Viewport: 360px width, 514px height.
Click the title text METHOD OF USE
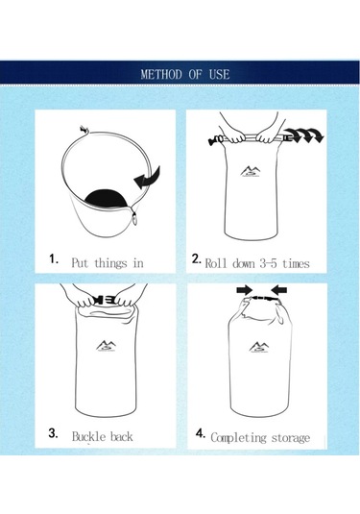pyautogui.click(x=185, y=74)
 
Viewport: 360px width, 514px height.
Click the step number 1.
pyautogui.click(x=54, y=258)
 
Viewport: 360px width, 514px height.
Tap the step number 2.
pyautogui.click(x=197, y=258)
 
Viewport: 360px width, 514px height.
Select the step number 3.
pyautogui.click(x=53, y=433)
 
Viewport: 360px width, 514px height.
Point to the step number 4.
pyautogui.click(x=201, y=433)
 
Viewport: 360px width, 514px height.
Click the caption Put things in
pyautogui.click(x=108, y=263)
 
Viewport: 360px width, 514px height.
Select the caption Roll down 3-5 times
pyautogui.click(x=257, y=263)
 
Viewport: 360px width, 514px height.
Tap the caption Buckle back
pyautogui.click(x=102, y=436)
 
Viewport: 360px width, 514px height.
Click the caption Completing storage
pyautogui.click(x=260, y=438)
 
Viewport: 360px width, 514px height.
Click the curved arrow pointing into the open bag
pyautogui.click(x=148, y=179)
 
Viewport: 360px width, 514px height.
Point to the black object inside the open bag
pyautogui.click(x=105, y=198)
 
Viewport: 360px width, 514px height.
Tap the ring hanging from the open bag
pyautogui.click(x=135, y=218)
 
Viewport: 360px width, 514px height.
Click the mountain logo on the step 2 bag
pyautogui.click(x=251, y=171)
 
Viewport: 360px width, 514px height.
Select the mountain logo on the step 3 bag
pyautogui.click(x=107, y=346)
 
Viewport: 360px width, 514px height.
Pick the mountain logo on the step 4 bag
pyautogui.click(x=259, y=347)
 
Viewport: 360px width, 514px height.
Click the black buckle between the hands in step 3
pyautogui.click(x=105, y=300)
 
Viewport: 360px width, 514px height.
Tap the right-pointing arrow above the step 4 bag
pyautogui.click(x=245, y=289)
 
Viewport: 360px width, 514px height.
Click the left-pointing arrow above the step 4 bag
pyautogui.click(x=278, y=290)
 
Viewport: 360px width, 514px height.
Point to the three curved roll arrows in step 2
pyautogui.click(x=303, y=135)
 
